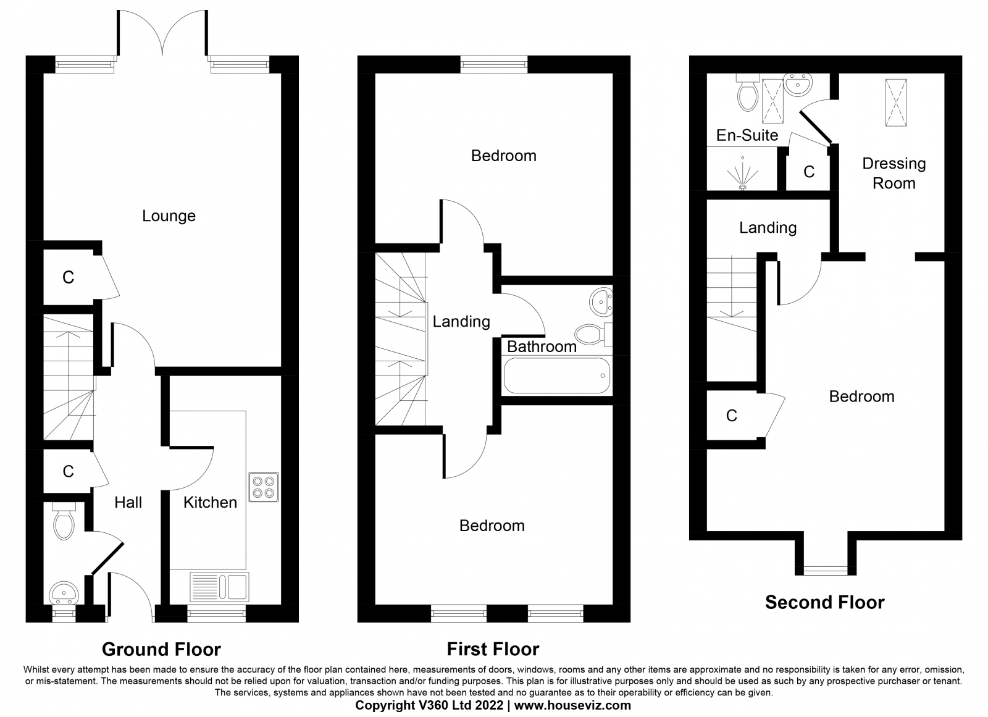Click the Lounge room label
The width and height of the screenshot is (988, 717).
(169, 216)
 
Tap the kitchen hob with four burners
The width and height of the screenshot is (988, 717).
(263, 487)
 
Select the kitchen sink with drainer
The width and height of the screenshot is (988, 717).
(219, 587)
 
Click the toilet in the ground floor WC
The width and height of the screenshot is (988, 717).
(64, 521)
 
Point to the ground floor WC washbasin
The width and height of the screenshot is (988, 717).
(64, 593)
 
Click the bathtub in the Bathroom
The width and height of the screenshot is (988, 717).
(557, 375)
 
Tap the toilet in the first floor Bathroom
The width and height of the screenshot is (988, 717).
(593, 334)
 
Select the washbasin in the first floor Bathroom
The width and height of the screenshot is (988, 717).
(601, 302)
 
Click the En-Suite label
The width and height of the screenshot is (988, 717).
(747, 135)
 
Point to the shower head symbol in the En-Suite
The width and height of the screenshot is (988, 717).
(743, 174)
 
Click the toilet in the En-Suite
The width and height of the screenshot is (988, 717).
(747, 93)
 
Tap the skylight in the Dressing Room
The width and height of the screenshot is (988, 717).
(896, 103)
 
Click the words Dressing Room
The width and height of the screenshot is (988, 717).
(894, 174)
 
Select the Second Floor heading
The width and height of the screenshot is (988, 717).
(825, 602)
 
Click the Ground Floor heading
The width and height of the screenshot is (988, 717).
(161, 650)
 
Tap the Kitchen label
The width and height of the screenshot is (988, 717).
(211, 503)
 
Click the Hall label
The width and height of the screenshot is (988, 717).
(128, 503)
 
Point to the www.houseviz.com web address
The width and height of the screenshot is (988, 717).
(572, 705)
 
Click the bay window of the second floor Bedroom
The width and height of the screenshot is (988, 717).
(825, 571)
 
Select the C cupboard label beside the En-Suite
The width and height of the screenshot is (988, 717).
(809, 172)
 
